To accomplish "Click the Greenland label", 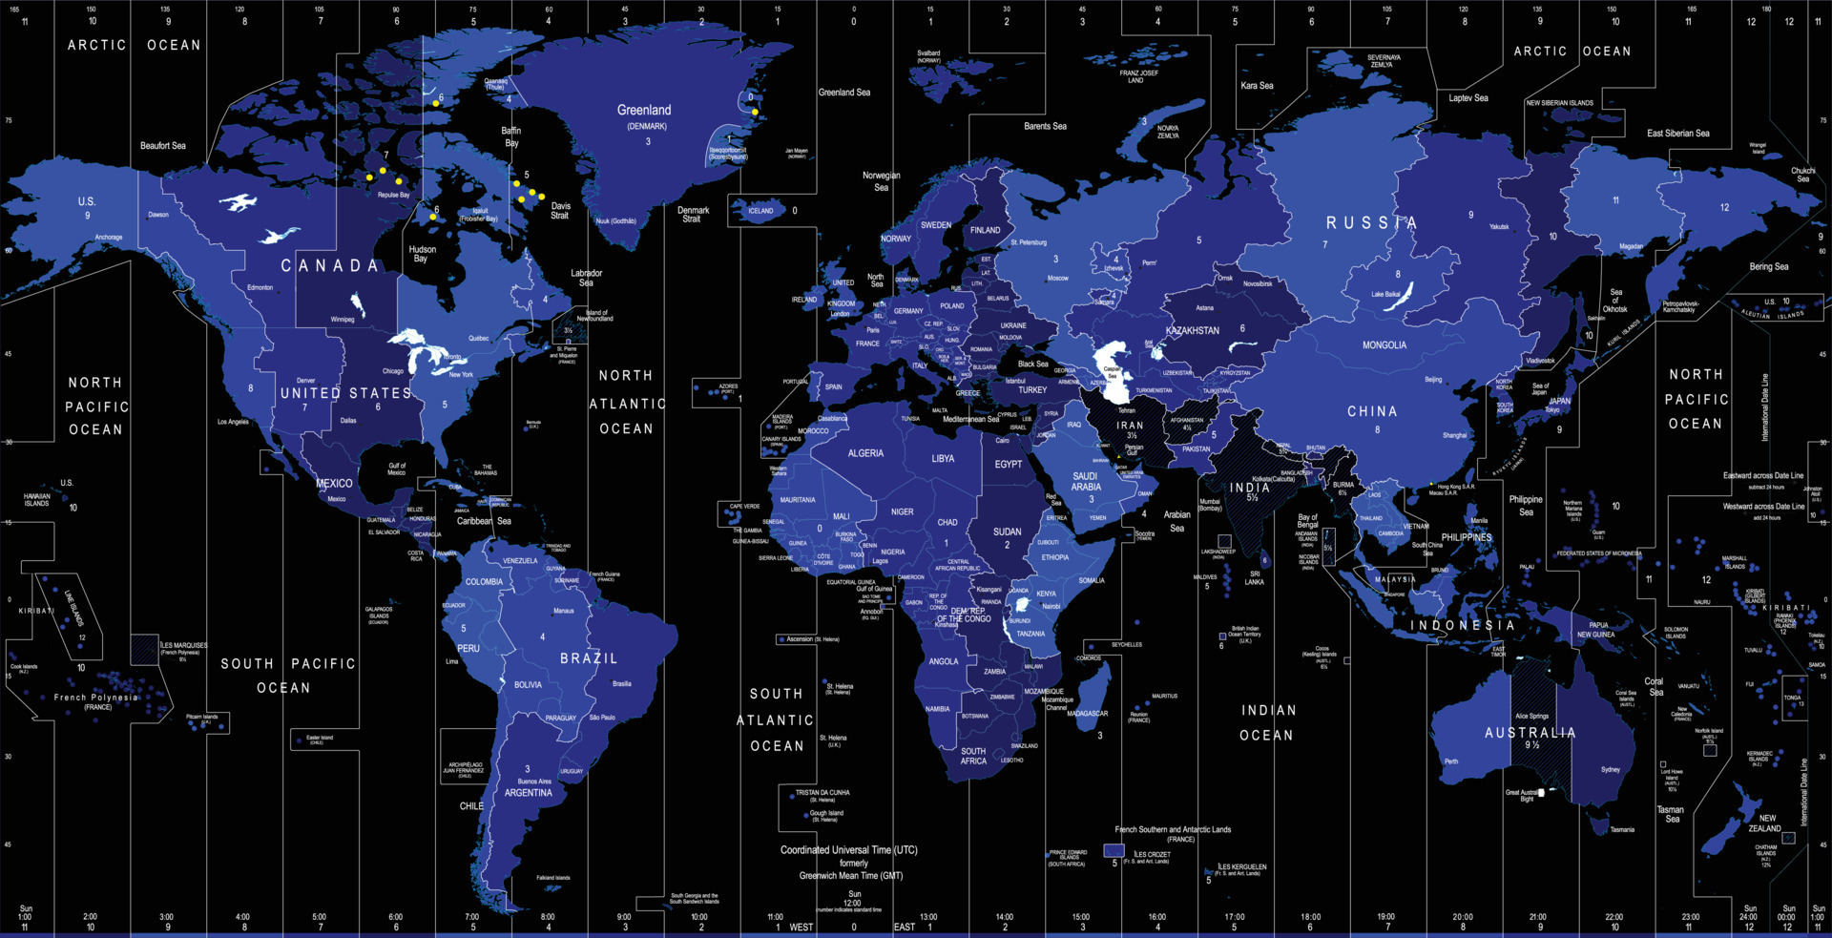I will (x=644, y=111).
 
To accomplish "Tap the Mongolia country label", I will (x=1384, y=345).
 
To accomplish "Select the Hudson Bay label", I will (x=422, y=254).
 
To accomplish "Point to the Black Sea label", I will (x=1032, y=364).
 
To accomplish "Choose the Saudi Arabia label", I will (x=1085, y=482).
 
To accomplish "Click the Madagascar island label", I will (x=1088, y=714).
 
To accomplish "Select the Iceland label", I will (x=760, y=211).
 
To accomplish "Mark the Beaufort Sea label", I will (x=163, y=146).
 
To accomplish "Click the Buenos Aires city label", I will (x=534, y=782).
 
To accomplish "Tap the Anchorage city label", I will (x=109, y=238).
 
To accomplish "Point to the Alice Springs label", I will (x=1531, y=716).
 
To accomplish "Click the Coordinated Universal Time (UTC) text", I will (x=848, y=850).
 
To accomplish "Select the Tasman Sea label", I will (x=1671, y=814).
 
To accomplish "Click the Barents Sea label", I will (x=1045, y=126).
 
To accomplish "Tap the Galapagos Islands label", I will (x=379, y=614).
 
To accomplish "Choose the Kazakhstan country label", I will (x=1193, y=331).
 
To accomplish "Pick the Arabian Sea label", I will (x=1177, y=521).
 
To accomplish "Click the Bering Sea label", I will (x=1769, y=267).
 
